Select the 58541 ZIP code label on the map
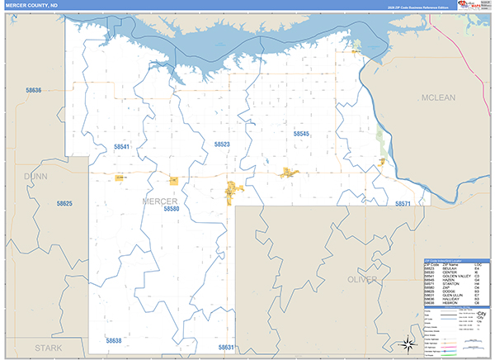coord(122,146)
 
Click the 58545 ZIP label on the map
coord(300,133)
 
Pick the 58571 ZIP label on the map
coord(403,203)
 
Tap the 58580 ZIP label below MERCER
coord(172,210)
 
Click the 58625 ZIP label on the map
coord(65,203)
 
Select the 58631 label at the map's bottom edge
coord(227,347)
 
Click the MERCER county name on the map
coord(160,201)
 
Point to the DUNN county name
coord(36,176)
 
